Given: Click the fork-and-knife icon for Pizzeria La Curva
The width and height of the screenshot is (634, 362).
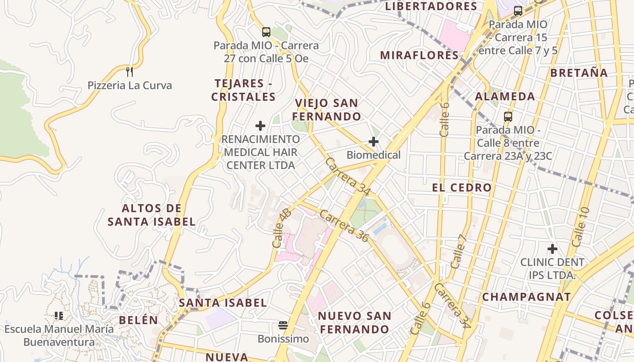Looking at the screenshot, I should (130, 71).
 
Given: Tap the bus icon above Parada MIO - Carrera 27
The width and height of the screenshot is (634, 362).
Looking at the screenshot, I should (266, 32).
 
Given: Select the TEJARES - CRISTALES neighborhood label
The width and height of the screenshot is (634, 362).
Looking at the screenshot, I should (244, 90).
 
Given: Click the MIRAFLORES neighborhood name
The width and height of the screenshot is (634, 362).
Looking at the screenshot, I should (419, 55).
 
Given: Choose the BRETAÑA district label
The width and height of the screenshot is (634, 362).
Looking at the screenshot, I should (579, 72).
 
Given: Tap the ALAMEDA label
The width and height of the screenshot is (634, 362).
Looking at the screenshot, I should (505, 96).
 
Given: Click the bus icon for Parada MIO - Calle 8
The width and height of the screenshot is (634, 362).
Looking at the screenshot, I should (508, 117).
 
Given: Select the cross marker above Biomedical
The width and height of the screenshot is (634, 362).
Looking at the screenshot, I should (374, 142).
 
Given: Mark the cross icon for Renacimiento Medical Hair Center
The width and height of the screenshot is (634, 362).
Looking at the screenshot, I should (260, 126).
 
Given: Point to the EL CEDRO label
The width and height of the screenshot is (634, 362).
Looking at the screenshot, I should (461, 188).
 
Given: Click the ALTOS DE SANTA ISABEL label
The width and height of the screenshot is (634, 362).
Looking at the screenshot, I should (152, 215).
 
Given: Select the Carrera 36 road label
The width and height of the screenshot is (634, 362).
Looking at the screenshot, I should (344, 225).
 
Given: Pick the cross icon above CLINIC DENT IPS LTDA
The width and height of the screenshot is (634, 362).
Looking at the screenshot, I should (552, 249).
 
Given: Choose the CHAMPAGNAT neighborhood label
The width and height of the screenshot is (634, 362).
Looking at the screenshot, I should (526, 297).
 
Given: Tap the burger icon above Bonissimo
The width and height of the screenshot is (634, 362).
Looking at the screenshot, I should (283, 325).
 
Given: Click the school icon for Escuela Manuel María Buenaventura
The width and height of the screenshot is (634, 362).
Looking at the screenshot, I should (58, 315).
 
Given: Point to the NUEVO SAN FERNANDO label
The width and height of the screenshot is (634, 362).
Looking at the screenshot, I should (354, 322).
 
